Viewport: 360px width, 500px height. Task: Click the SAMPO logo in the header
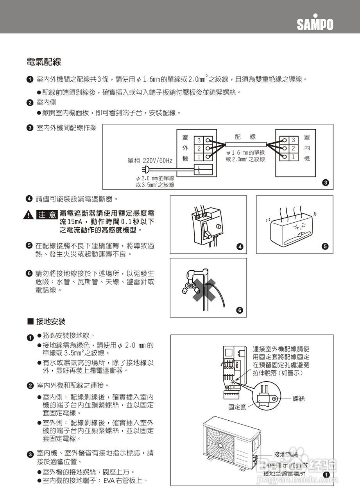click(315, 24)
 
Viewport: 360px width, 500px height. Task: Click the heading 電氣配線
click(43, 62)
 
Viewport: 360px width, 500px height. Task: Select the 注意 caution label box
click(47, 215)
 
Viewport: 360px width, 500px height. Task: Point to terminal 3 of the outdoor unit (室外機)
click(199, 140)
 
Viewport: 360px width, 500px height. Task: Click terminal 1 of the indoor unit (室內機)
click(292, 157)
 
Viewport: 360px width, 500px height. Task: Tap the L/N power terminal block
click(203, 169)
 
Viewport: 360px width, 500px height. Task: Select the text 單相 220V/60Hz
click(150, 161)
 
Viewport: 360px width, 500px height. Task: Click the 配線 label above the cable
click(245, 136)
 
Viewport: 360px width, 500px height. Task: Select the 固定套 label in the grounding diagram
click(237, 407)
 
